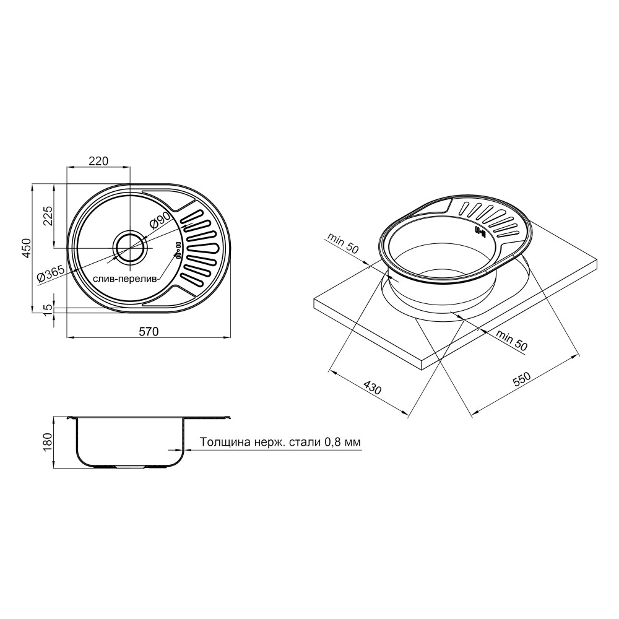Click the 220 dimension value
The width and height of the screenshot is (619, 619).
click(98, 161)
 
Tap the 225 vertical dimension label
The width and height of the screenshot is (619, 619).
click(48, 215)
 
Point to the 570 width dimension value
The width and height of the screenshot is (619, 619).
click(149, 331)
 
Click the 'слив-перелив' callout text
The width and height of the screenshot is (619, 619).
click(125, 279)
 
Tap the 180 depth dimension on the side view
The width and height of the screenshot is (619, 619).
click(48, 442)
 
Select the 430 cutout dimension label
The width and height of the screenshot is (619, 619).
click(372, 387)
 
